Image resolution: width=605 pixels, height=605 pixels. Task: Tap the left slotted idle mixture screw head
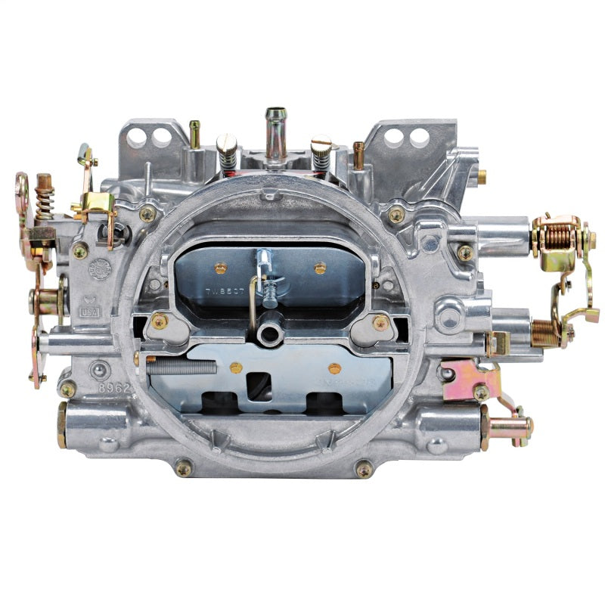[x=227, y=144]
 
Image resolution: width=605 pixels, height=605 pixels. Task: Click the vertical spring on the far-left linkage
[x=44, y=203]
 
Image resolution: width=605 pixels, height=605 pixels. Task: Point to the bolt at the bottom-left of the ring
[x=184, y=468]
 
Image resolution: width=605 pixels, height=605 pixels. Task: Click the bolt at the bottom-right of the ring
[x=365, y=468]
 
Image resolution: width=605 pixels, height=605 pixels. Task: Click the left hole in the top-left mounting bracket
[x=137, y=137]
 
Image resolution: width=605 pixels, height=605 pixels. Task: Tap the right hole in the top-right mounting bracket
[x=418, y=137]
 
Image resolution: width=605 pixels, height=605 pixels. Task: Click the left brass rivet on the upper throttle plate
[x=221, y=268]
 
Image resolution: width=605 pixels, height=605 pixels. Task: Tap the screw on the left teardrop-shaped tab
[x=160, y=322]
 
